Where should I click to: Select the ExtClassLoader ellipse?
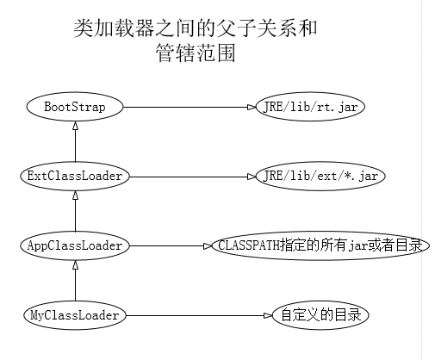[x=75, y=176]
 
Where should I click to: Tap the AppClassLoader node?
[x=75, y=245]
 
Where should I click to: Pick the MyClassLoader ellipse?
[x=75, y=315]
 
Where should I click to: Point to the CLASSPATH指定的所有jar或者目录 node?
[x=319, y=245]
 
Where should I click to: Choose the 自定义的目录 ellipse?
[x=320, y=315]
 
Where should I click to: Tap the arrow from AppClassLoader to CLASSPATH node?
[x=168, y=245]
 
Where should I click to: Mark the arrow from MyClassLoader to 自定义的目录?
[x=198, y=315]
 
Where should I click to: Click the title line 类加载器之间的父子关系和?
[x=196, y=29]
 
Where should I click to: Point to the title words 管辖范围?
[x=193, y=53]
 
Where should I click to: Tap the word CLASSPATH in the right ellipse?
[x=245, y=245]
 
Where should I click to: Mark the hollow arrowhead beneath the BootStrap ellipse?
[x=75, y=126]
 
